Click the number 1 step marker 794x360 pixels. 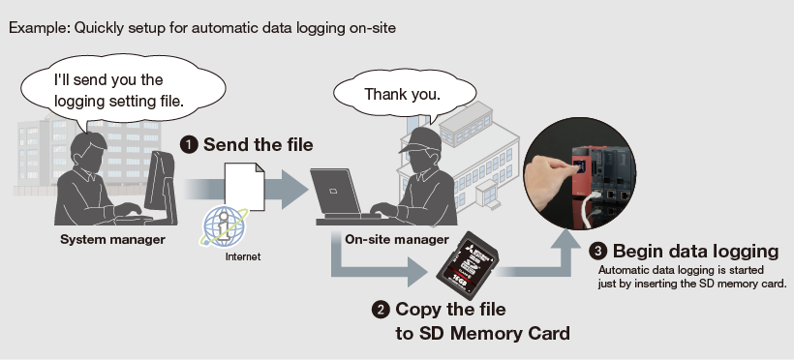pos(189,145)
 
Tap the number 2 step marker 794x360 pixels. pos(381,310)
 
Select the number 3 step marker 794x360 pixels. pos(598,252)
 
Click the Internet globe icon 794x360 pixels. pos(224,226)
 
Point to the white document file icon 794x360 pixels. pos(245,187)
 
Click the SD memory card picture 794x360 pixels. pos(467,264)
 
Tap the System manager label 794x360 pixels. pos(112,239)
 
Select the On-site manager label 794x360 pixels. pos(397,239)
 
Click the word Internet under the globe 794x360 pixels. pos(243,256)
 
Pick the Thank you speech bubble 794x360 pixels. pos(404,94)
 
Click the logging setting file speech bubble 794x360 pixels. pos(122,89)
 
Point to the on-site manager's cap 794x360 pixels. pos(419,139)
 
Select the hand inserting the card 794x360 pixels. pos(549,184)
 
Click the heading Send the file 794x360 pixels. pos(259,145)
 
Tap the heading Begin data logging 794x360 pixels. pos(696,252)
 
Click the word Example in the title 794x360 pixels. pos(39,28)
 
